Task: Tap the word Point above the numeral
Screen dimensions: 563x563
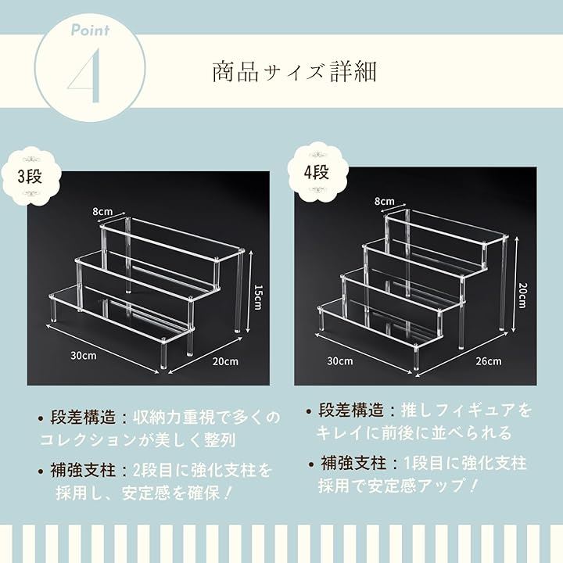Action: coord(91,30)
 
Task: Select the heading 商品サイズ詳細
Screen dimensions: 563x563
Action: coord(295,71)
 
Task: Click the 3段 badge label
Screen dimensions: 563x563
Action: coord(30,176)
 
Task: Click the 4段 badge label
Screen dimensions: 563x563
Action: coord(317,172)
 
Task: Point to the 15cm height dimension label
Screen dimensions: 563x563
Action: coord(258,297)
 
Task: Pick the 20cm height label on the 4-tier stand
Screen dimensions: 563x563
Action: coord(523,295)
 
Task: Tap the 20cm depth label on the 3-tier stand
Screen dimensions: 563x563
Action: coord(225,360)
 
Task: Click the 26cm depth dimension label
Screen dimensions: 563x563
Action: coord(488,360)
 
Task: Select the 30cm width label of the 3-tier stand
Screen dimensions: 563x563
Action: coord(84,356)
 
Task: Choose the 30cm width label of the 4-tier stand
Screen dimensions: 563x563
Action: coord(339,360)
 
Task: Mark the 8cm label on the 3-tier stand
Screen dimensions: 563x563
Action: coord(102,211)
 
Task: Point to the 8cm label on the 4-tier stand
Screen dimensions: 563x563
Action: coord(384,201)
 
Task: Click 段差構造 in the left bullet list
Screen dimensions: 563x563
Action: coord(83,418)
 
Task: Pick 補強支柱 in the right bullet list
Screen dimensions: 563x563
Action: coord(353,463)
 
